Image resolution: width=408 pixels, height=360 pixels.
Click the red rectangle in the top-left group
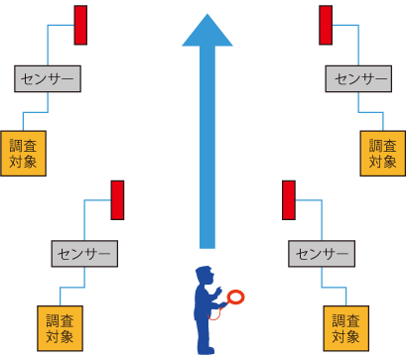tap(80, 25)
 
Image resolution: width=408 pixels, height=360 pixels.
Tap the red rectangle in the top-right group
tap(326, 25)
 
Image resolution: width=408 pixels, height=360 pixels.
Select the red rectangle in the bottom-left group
tap(117, 200)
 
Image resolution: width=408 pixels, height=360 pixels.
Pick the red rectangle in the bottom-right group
tap(289, 200)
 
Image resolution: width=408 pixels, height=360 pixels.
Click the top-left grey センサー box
tap(48, 78)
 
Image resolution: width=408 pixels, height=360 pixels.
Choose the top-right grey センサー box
tap(358, 78)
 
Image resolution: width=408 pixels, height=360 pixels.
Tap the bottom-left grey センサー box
tap(84, 254)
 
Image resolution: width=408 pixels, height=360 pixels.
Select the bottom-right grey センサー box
tap(322, 254)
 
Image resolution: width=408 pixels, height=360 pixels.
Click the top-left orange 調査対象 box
tap(23, 154)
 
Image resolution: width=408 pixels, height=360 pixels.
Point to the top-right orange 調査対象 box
tap(383, 154)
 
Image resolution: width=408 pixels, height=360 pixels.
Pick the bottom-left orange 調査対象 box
tap(60, 328)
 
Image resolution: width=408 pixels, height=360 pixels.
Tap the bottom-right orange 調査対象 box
tap(346, 328)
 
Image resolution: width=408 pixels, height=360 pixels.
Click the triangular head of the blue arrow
tap(207, 33)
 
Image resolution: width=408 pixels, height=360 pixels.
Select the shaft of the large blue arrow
tap(207, 147)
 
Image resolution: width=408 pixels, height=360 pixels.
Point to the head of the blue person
tap(204, 275)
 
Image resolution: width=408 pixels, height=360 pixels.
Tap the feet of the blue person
tap(205, 350)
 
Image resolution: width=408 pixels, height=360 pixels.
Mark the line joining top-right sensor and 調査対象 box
tap(370, 112)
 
